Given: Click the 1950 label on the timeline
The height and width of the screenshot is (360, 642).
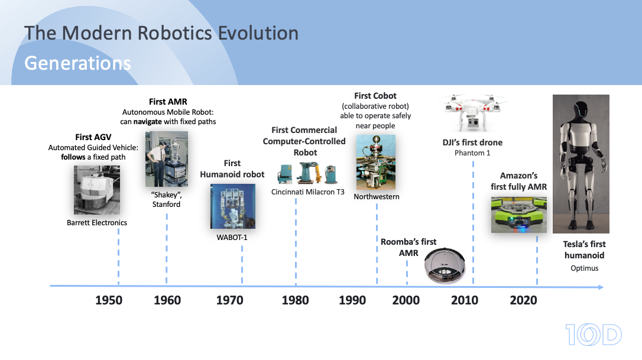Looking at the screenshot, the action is coord(109,300).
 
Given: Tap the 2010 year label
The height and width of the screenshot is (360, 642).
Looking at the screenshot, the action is coord(464,300).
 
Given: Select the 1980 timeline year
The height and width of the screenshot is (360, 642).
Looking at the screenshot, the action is coord(295,300).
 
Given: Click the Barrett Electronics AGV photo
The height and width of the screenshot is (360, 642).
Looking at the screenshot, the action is coord(97,190).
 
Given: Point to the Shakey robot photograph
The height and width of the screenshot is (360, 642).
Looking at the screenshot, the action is coord(167,159).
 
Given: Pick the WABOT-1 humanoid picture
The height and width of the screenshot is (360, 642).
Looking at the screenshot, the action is coord(232,206).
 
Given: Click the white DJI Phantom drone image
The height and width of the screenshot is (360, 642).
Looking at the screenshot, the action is coord(473,112).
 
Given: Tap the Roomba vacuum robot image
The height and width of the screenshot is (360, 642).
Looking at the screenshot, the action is coord(445,265).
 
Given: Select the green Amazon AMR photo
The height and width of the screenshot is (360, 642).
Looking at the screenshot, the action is coord(519,215).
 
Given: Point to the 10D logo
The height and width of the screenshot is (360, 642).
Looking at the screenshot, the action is coord(594,334).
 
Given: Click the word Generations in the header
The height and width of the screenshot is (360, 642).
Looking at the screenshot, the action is coord(78,63).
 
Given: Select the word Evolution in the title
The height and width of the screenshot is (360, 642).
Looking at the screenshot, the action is coord(258,33).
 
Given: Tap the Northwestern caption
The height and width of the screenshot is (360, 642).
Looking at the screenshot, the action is coord(377,197).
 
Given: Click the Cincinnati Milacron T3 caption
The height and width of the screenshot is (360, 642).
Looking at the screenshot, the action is coord(308,192).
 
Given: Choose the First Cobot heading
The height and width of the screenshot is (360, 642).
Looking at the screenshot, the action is coord(375,96).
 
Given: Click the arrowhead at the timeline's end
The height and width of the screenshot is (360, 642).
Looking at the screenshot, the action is coord(601,287).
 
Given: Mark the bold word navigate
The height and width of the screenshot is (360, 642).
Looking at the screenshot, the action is coord(147,122).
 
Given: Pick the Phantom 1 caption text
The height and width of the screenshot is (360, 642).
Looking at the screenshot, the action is coord(472,153).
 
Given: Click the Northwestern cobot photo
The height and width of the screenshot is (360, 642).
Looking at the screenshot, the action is coord(376,162).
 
